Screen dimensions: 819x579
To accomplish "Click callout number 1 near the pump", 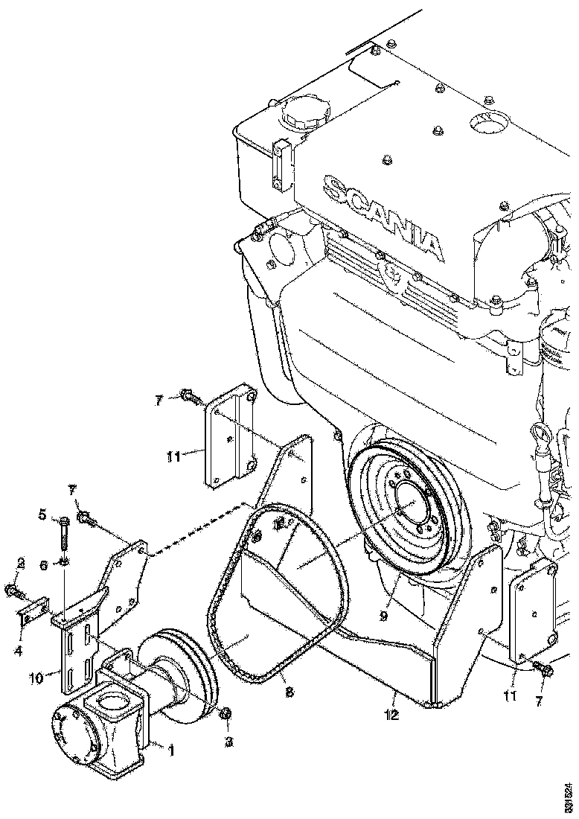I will (x=170, y=751).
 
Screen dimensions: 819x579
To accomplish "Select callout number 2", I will (x=21, y=564).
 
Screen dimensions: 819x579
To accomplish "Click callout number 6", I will (x=44, y=565).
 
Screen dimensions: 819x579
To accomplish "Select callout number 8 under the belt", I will (x=289, y=692).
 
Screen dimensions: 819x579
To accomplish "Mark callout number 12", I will (x=391, y=716).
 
